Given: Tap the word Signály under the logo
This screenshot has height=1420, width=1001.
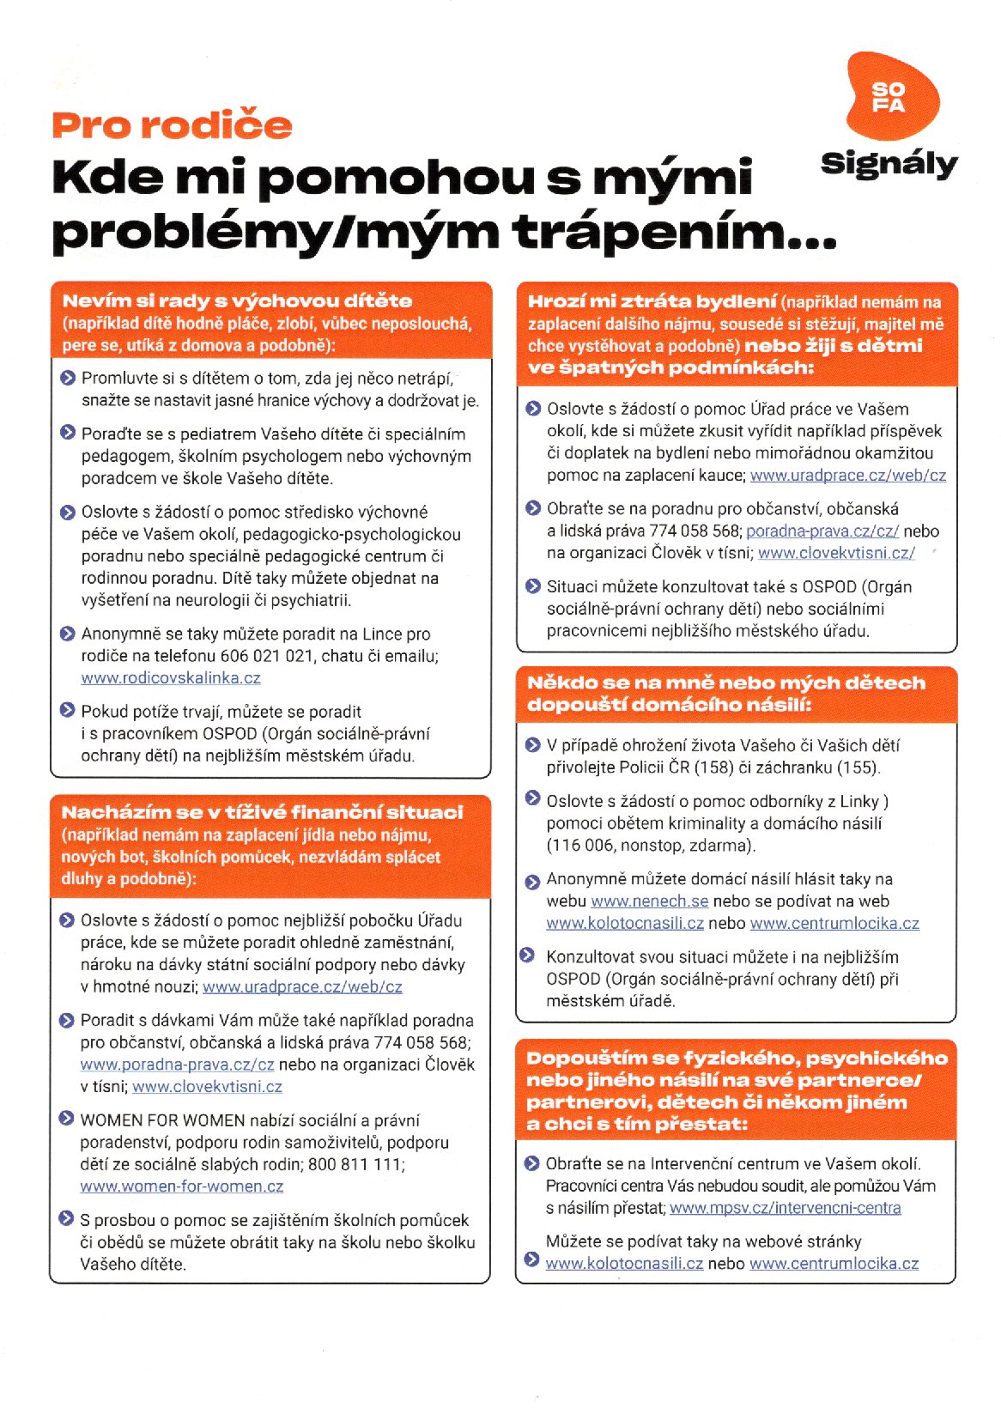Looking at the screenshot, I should (889, 163).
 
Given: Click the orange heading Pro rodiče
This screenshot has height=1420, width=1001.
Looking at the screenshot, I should (172, 125).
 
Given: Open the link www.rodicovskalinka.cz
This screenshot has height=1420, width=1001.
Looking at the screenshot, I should (171, 678).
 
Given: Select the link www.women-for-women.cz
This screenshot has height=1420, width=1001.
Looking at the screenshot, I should (182, 1186).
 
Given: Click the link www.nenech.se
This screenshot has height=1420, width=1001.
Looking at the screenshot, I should (650, 901).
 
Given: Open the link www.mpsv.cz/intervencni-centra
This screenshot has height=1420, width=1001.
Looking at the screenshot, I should (785, 1208).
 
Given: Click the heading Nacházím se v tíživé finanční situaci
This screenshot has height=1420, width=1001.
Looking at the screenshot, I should (262, 812).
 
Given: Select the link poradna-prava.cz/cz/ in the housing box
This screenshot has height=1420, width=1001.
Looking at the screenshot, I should (822, 531).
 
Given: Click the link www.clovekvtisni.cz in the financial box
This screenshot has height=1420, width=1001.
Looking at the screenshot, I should (207, 1087).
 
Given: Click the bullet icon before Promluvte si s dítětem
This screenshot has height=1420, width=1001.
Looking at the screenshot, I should (68, 378).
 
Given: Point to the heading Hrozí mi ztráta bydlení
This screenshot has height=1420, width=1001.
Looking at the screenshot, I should (652, 301).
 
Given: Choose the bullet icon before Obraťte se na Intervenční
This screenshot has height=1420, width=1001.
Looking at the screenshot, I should (531, 1164).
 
